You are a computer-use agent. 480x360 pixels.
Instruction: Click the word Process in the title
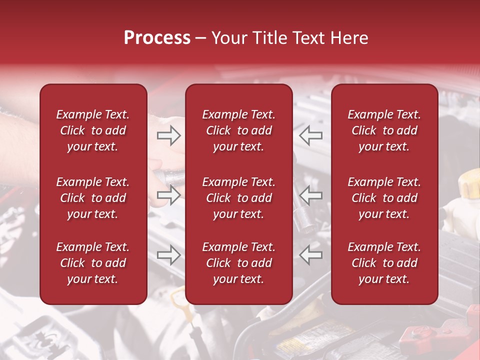[157, 38]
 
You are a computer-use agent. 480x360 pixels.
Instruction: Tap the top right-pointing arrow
[168, 135]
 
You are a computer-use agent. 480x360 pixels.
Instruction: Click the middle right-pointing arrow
[168, 195]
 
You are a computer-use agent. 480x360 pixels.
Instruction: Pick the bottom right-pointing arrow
[168, 255]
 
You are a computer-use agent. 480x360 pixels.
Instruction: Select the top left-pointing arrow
[311, 135]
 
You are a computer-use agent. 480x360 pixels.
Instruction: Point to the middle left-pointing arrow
[311, 195]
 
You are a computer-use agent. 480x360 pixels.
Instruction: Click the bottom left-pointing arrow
[311, 255]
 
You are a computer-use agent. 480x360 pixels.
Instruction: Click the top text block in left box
[93, 130]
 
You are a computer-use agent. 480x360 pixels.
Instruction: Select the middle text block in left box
[93, 198]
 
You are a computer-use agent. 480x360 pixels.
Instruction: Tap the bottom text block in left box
[93, 263]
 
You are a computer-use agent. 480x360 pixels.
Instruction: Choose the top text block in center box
[238, 130]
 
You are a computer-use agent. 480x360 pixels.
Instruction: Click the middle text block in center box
[238, 198]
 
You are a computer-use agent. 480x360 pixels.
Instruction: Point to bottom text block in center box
[238, 263]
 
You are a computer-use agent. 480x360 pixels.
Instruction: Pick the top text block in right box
[384, 130]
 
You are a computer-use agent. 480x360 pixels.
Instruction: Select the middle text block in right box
[384, 198]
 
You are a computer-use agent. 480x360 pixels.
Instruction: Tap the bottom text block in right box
[384, 263]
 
